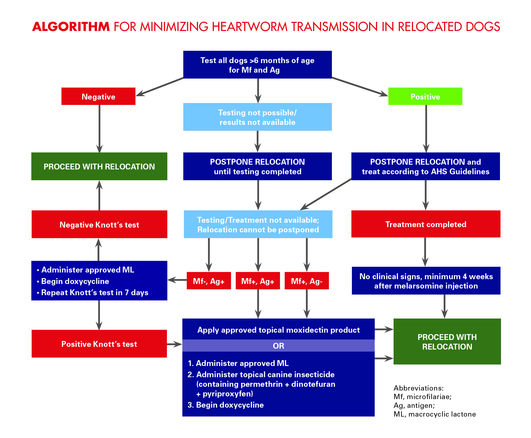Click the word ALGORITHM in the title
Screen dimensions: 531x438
71,27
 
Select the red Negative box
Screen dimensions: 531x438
98,96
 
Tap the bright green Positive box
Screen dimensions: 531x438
425,96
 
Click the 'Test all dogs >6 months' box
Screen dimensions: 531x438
257,65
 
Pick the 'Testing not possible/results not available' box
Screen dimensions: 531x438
257,117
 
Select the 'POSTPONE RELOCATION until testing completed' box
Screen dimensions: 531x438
257,166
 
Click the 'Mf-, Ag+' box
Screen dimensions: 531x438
209,281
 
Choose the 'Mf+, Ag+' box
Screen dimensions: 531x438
258,281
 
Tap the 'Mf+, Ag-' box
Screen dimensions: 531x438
307,281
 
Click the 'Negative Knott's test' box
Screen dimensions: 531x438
100,224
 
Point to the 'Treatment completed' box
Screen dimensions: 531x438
426,224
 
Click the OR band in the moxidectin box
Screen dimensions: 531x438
278,346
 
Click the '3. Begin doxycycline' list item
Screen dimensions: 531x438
226,405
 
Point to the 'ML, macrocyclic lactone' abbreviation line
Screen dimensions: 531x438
435,414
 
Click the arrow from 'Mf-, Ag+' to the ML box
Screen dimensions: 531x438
177,280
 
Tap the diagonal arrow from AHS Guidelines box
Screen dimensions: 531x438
325,194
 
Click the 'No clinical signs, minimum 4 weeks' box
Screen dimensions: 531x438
426,281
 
